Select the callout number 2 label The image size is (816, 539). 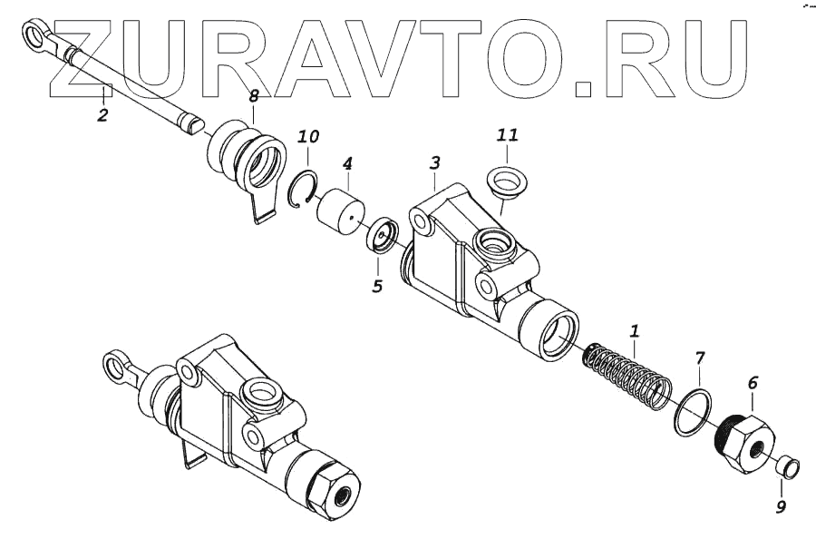pyautogui.click(x=102, y=115)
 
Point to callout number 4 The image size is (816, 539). pyautogui.click(x=346, y=164)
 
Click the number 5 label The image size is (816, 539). pyautogui.click(x=377, y=286)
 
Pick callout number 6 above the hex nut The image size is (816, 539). pyautogui.click(x=752, y=384)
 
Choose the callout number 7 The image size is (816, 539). pyautogui.click(x=699, y=358)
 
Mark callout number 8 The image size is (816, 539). pyautogui.click(x=254, y=94)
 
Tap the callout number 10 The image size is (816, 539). pyautogui.click(x=308, y=137)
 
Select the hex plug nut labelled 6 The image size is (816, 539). pyautogui.click(x=742, y=442)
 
